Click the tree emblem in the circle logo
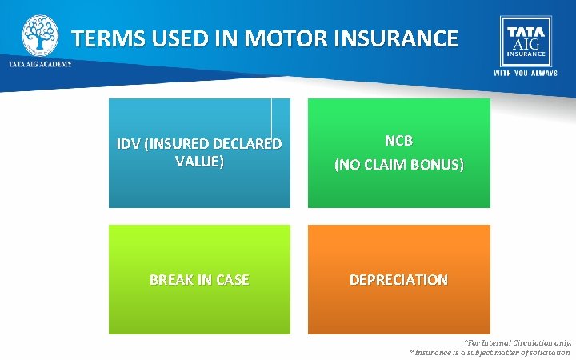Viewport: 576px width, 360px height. coord(39,34)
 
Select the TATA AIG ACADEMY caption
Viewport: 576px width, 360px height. coord(40,64)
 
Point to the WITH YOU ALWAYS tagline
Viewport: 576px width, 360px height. coord(526,73)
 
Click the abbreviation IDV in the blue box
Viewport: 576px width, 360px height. coord(129,145)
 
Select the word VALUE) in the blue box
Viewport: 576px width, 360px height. coord(199,160)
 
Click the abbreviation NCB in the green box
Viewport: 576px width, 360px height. coord(398,140)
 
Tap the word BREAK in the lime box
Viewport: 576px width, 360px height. coord(171,280)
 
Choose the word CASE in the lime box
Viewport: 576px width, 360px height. coord(231,280)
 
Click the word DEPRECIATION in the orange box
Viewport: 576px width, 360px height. coord(398,280)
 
